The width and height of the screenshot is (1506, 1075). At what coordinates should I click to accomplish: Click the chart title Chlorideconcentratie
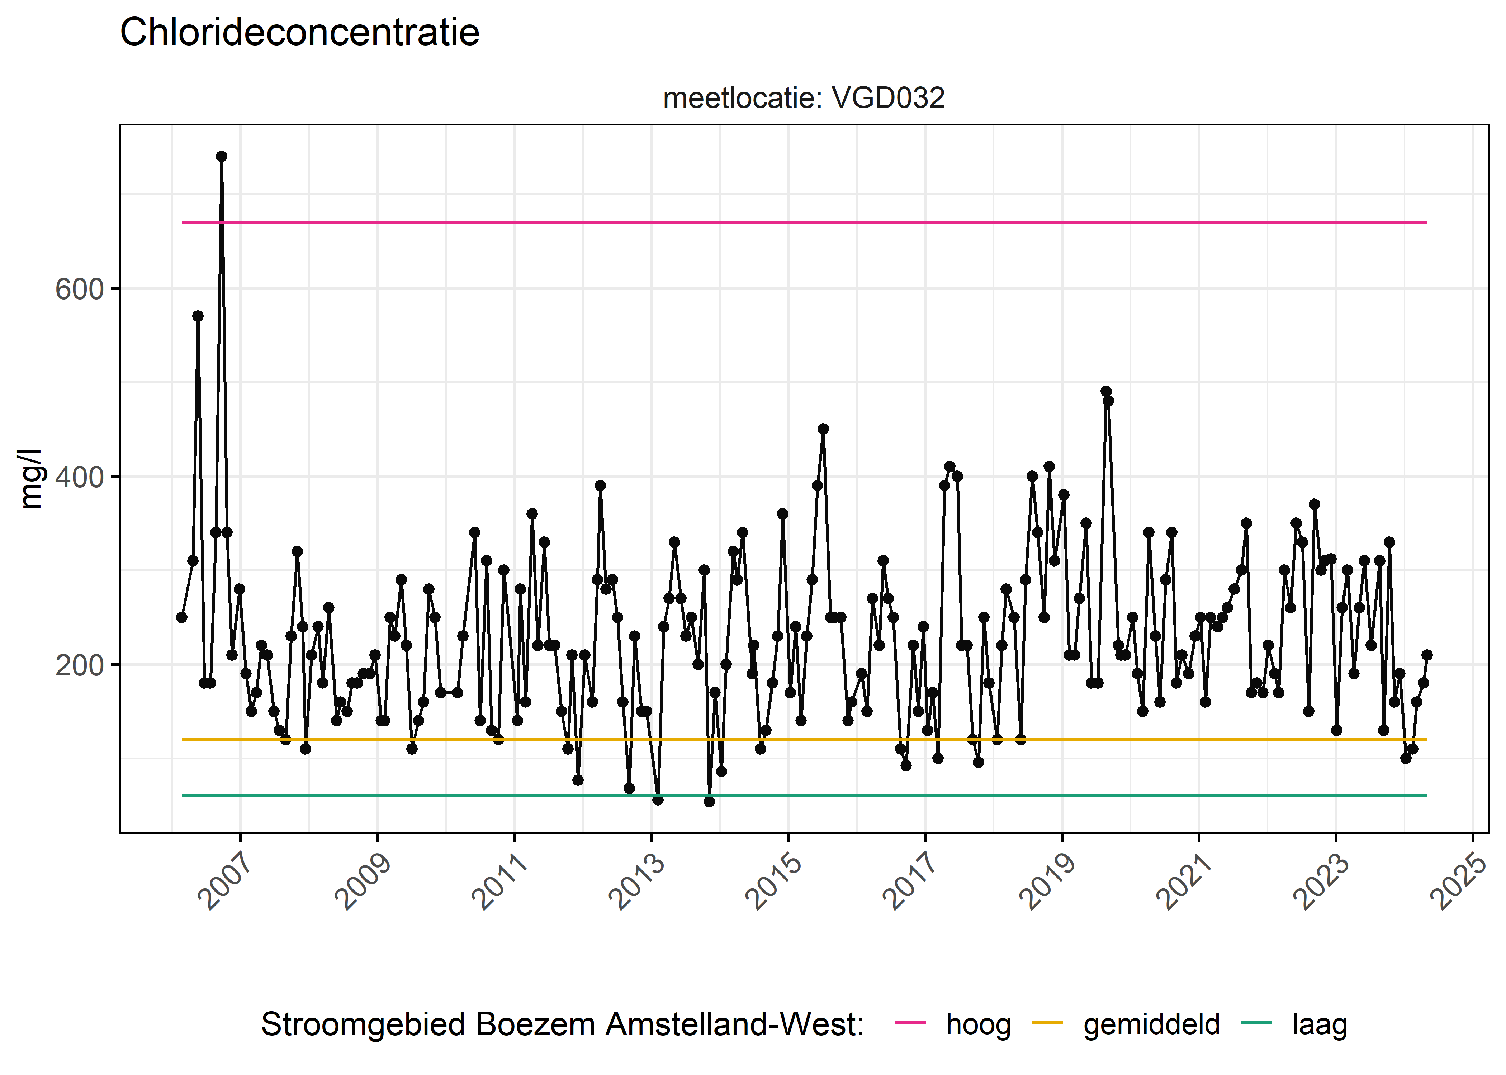[299, 33]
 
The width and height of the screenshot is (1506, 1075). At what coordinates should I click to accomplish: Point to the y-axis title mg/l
[31, 479]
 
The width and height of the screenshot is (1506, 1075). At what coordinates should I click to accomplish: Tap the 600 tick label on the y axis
[80, 289]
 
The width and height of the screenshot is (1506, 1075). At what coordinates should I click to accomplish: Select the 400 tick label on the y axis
[80, 477]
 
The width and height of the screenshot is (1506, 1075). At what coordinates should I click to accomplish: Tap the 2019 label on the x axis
[1048, 882]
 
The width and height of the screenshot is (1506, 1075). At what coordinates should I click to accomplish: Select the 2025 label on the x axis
[1459, 882]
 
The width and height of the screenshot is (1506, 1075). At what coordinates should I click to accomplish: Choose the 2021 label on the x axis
[1185, 882]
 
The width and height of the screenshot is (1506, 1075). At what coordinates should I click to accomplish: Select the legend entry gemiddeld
[1151, 1024]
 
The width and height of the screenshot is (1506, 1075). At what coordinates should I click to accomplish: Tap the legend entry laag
[1319, 1024]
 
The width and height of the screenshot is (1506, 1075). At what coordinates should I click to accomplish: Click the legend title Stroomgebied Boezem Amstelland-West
[562, 1024]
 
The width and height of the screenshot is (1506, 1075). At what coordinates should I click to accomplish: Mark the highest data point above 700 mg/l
[221, 156]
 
